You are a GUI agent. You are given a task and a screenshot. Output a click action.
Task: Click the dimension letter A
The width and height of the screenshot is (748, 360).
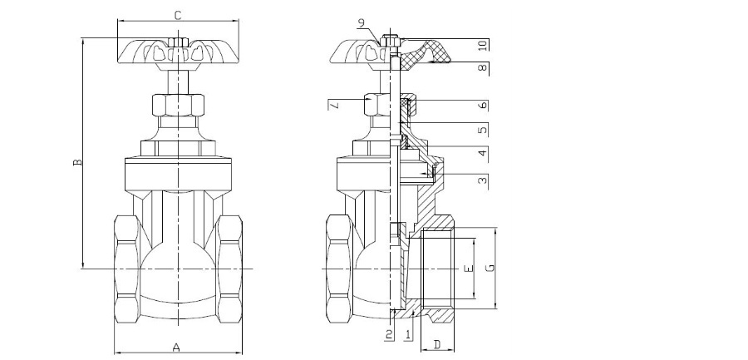click(x=176, y=347)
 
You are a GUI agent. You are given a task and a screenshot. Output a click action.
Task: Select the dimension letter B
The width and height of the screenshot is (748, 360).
click(x=77, y=163)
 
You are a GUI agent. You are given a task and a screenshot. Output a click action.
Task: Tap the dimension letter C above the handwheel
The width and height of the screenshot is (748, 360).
click(x=177, y=14)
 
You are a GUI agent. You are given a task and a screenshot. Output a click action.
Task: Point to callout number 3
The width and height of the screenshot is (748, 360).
click(x=483, y=180)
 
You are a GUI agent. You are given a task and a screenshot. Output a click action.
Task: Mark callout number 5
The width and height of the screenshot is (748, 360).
click(x=483, y=130)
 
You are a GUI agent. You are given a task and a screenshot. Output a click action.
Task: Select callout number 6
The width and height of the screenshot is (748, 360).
click(x=483, y=106)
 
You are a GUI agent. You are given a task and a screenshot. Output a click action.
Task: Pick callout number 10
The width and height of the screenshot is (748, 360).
click(x=483, y=44)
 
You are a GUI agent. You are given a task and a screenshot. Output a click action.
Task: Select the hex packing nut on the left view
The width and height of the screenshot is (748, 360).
click(x=178, y=106)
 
